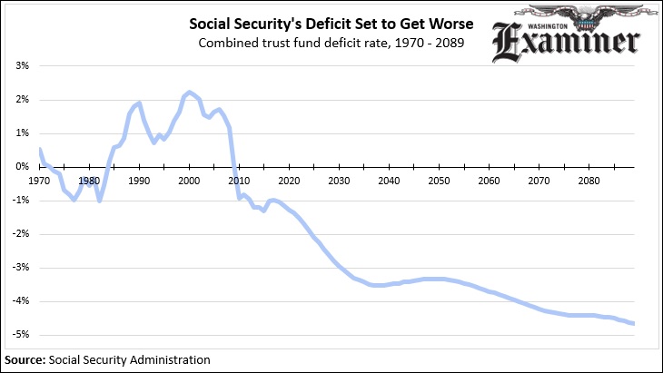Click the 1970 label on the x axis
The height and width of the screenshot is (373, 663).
[x=39, y=181]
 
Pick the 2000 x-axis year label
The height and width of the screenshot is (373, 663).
[x=189, y=181]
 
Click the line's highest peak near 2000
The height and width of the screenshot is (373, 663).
[x=189, y=93]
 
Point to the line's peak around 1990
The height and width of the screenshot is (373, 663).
[x=139, y=103]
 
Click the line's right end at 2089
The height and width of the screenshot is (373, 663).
[x=633, y=323]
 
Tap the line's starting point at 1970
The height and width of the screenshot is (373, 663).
[x=40, y=148]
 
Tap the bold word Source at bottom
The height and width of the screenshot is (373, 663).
[x=23, y=359]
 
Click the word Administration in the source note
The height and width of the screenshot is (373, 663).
[x=166, y=359]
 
